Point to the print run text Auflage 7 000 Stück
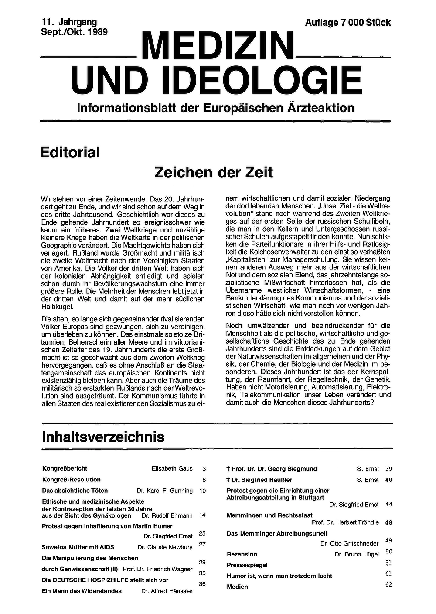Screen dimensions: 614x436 pos(348,23)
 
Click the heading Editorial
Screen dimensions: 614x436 pos(70,153)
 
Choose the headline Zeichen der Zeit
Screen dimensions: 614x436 pos(214,172)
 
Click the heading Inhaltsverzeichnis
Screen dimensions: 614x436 pos(103,437)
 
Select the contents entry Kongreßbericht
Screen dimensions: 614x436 pos(65,468)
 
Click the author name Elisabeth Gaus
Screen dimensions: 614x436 pos(172,468)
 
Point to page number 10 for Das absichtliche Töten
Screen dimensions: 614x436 pos(202,491)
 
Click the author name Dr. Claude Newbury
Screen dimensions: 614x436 pos(165,547)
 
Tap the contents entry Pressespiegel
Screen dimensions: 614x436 pos(247,565)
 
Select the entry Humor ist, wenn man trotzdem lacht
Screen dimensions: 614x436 pos(279,576)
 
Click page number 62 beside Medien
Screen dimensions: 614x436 pos(388,584)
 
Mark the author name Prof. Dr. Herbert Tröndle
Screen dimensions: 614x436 pos(345,522)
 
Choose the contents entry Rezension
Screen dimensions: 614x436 pos(242,554)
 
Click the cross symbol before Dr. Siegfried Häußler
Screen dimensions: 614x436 pos(228,480)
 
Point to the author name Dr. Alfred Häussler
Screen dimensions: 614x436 pos(167,591)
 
